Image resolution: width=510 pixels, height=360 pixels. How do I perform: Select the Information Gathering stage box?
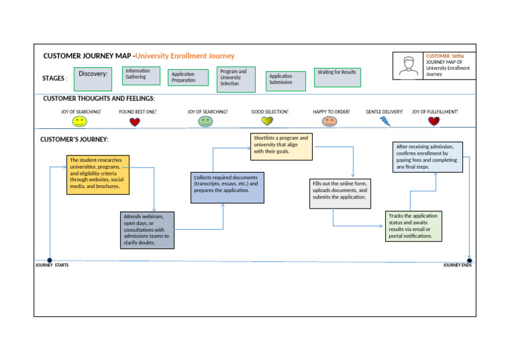coord(141,74)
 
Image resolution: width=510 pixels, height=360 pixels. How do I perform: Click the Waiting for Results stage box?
coord(337,76)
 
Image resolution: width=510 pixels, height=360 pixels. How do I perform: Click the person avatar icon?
coord(407,65)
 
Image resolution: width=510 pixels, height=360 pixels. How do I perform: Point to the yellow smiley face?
coord(80,122)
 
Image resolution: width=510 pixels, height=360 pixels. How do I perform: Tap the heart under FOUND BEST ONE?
coord(135,122)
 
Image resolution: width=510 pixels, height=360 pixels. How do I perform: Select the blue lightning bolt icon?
coord(385,121)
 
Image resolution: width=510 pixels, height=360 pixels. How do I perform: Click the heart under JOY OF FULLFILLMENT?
coord(434,122)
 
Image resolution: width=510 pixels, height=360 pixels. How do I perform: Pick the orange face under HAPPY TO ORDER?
coord(329,122)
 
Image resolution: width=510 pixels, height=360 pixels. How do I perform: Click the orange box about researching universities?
coord(98,173)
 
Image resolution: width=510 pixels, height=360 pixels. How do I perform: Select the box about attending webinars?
coord(147,230)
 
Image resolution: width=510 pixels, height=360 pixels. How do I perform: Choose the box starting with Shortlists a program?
coord(281,147)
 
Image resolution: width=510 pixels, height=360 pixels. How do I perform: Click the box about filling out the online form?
coord(340,193)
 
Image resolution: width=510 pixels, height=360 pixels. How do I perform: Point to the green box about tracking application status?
coord(414,226)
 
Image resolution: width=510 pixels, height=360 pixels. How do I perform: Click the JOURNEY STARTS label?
coord(52,265)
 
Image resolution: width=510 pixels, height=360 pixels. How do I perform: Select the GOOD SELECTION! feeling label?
coord(270,112)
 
